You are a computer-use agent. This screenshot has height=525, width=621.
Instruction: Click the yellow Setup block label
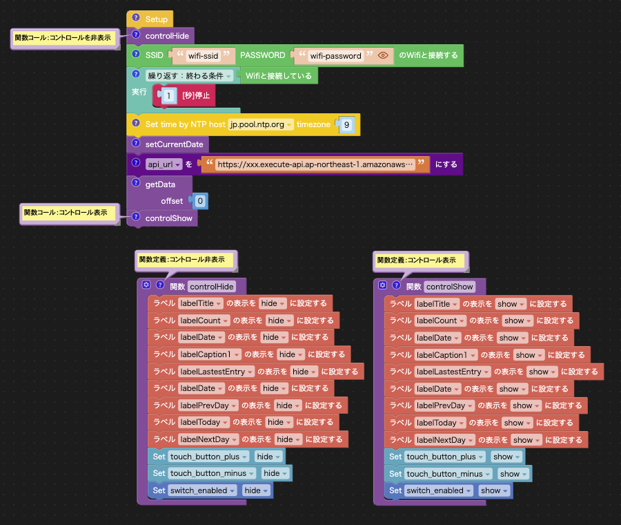click(156, 19)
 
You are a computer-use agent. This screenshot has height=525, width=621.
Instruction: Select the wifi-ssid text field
click(203, 56)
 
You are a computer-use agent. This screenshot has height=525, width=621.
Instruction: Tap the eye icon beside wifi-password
click(383, 55)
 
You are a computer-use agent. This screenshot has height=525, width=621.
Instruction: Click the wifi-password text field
click(336, 56)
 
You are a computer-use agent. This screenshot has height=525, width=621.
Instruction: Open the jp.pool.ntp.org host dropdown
click(261, 124)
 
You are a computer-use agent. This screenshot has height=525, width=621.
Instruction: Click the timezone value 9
click(346, 125)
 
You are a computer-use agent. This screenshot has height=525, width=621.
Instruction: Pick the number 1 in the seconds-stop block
click(169, 95)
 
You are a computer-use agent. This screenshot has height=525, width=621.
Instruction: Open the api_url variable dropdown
click(163, 164)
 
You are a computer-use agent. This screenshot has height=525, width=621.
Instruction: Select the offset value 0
click(200, 201)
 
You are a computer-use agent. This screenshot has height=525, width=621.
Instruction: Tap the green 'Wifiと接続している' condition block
click(279, 76)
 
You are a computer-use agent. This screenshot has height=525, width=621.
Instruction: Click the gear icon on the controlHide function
click(146, 285)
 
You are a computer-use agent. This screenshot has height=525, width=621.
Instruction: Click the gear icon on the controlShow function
click(382, 285)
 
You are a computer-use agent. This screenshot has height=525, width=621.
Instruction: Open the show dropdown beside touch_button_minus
click(513, 474)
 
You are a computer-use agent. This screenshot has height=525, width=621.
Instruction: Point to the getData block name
click(160, 184)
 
